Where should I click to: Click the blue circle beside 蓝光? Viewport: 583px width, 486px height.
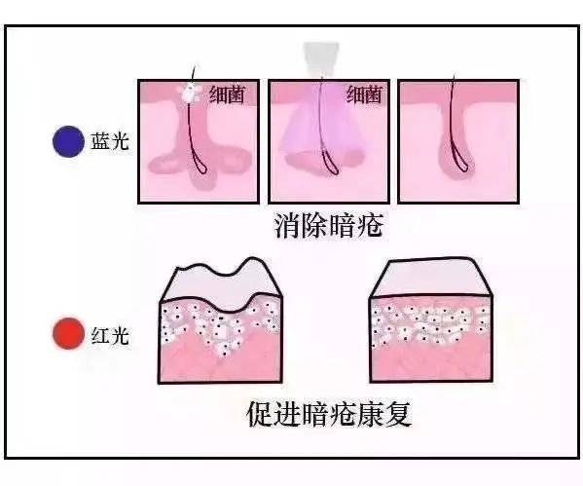[68, 141]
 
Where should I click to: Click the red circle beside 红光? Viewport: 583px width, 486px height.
[68, 333]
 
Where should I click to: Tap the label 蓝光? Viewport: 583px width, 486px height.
[110, 141]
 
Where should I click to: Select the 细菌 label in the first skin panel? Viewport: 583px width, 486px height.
[227, 94]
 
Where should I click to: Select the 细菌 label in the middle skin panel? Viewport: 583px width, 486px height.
[364, 94]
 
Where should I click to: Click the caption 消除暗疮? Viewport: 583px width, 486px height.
[329, 225]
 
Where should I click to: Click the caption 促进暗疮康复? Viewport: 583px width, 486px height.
[329, 414]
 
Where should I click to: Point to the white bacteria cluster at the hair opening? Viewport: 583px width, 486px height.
[191, 92]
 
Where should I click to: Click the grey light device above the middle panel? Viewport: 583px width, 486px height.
[321, 59]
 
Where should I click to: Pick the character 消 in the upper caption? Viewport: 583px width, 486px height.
[287, 225]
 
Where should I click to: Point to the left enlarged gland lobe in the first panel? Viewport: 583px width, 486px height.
[164, 165]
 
